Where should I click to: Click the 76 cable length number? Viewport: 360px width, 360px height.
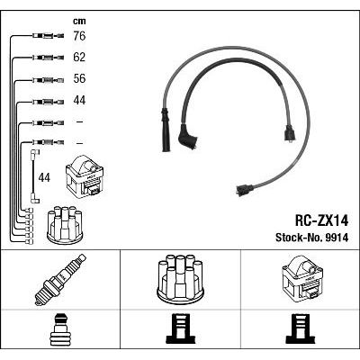click(x=79, y=36)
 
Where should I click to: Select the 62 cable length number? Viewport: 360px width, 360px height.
click(x=79, y=57)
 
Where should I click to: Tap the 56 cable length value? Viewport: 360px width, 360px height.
click(x=79, y=78)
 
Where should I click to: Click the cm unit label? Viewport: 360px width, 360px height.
click(x=79, y=22)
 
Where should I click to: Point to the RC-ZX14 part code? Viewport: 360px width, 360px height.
click(x=321, y=221)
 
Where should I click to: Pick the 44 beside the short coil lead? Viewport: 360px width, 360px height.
click(x=44, y=177)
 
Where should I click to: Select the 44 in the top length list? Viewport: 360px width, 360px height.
click(x=79, y=100)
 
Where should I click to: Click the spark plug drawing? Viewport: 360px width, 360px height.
click(x=60, y=280)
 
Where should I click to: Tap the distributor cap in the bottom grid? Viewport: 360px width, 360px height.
click(x=180, y=277)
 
